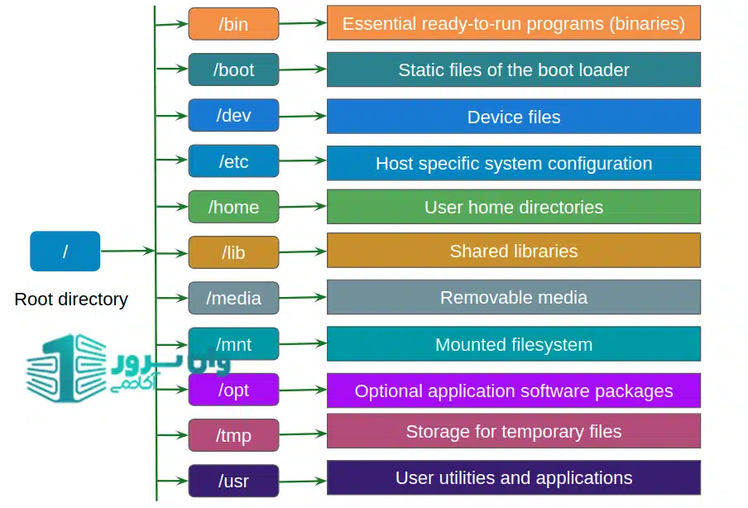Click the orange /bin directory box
pyautogui.click(x=233, y=24)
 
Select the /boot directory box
pyautogui.click(x=233, y=69)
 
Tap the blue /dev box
pyautogui.click(x=233, y=115)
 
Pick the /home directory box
pyautogui.click(x=233, y=207)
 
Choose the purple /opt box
pyautogui.click(x=233, y=390)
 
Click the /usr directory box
pyautogui.click(x=233, y=481)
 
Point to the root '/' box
pyautogui.click(x=65, y=252)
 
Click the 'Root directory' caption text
pyautogui.click(x=71, y=300)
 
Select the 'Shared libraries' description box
pyautogui.click(x=513, y=251)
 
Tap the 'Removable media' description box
pyautogui.click(x=513, y=297)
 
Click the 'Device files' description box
pyautogui.click(x=513, y=117)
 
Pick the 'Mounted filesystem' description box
pyautogui.click(x=513, y=344)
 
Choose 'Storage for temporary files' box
pyautogui.click(x=513, y=431)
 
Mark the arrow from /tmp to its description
pyautogui.click(x=303, y=433)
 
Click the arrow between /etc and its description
pyautogui.click(x=303, y=161)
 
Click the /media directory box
pyautogui.click(x=233, y=298)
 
